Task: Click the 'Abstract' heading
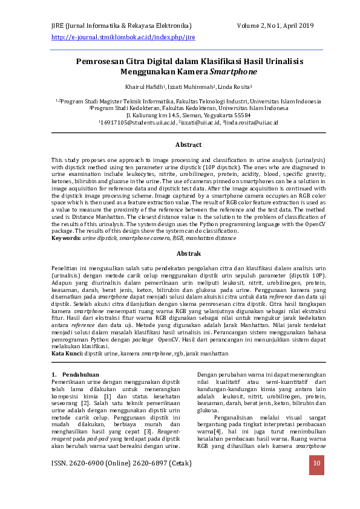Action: click(x=188, y=145)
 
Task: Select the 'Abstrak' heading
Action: click(x=188, y=254)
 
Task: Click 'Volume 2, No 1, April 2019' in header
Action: click(x=275, y=25)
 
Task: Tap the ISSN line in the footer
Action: click(x=122, y=464)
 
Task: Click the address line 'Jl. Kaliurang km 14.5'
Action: click(x=156, y=115)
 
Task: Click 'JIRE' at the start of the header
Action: click(x=59, y=25)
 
